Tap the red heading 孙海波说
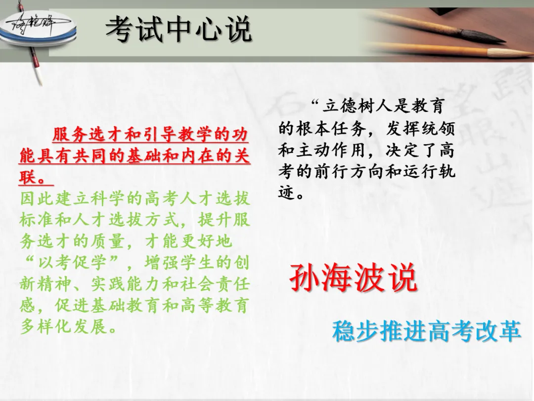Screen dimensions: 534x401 354,278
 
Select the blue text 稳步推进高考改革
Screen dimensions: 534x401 427,331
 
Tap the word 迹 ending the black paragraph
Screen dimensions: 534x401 286,193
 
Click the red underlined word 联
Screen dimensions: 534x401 28,177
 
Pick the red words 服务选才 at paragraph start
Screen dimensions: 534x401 87,134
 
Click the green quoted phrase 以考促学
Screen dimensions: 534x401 72,262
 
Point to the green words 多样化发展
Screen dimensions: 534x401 63,326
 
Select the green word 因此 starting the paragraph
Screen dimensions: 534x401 37,199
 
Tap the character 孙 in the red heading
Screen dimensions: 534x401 304,278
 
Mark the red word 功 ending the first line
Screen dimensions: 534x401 240,134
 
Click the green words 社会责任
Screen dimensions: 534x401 215,284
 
